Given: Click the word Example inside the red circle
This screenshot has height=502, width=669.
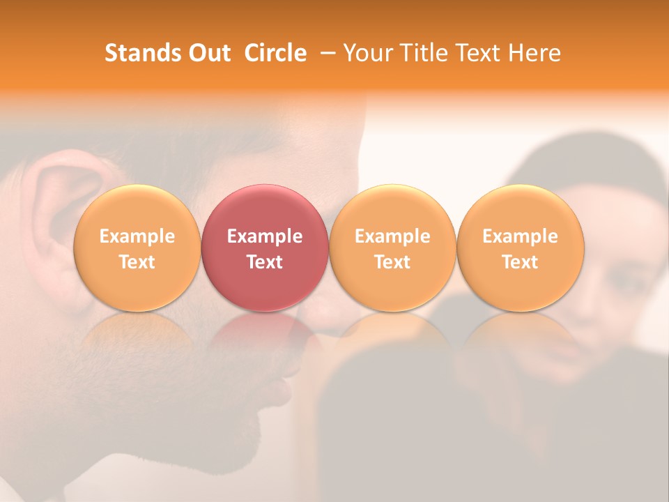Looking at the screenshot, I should [265, 236].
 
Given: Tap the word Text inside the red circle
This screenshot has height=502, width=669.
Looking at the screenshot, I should [265, 262].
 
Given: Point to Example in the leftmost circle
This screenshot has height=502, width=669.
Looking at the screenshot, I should [137, 236].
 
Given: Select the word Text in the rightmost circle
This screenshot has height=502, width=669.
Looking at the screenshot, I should [520, 262].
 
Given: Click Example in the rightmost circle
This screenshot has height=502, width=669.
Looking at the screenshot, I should [520, 236].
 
